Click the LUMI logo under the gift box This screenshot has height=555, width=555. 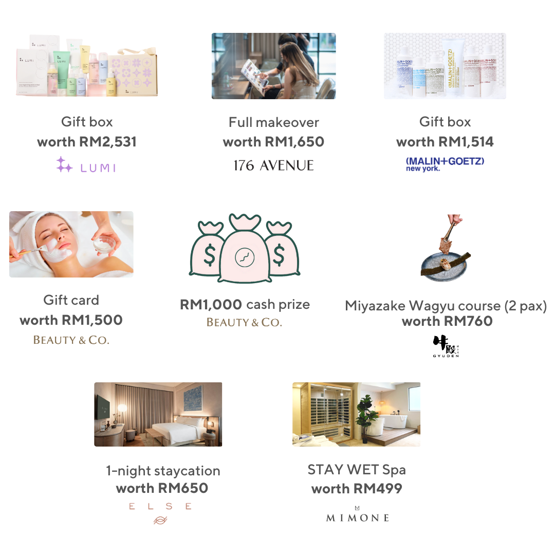(x=86, y=165)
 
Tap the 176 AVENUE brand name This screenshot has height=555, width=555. (x=273, y=165)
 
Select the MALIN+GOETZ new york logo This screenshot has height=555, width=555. (x=445, y=164)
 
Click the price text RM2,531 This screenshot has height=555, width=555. (x=107, y=142)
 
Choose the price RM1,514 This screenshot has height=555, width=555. (x=465, y=142)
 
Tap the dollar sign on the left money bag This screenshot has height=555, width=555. (x=210, y=253)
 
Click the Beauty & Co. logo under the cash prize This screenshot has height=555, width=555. (x=244, y=323)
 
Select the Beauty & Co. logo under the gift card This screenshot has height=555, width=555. (x=71, y=340)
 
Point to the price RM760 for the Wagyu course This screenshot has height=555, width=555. (x=467, y=322)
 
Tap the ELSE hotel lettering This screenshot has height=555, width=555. (x=160, y=506)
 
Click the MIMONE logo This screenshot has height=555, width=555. (x=357, y=516)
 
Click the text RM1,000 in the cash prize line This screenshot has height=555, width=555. (x=211, y=305)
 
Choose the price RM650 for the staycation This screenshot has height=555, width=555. (x=183, y=488)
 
